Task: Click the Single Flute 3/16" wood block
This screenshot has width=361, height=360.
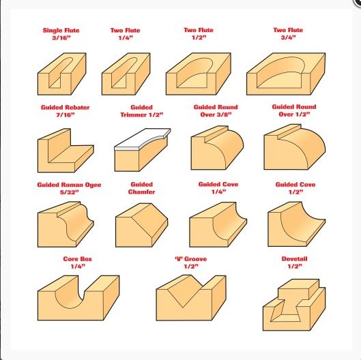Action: tap(61, 74)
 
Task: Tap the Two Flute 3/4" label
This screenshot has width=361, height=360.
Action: tap(288, 33)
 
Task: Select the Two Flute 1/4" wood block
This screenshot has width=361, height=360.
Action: tap(126, 74)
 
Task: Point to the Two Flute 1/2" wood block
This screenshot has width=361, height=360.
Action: tap(198, 74)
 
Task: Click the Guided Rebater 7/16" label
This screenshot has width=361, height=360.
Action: tap(65, 111)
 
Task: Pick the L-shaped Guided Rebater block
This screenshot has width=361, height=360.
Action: tap(66, 151)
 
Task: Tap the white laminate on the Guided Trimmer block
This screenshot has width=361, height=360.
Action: tap(143, 139)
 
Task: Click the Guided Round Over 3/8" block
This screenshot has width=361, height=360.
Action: tap(217, 148)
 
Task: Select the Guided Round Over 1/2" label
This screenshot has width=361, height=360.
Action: tap(294, 110)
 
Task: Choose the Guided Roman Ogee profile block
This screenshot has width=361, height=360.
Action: tap(66, 224)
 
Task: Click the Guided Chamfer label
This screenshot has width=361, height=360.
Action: tap(141, 188)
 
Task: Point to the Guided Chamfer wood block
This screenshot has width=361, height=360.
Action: tap(141, 225)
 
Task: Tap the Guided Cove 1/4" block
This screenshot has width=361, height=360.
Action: tap(218, 224)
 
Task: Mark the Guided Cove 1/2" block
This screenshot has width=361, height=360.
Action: tap(297, 224)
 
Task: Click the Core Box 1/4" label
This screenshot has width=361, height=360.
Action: tap(78, 262)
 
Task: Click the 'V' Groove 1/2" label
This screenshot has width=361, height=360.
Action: tap(191, 262)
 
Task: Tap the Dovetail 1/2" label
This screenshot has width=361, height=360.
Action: tap(294, 262)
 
